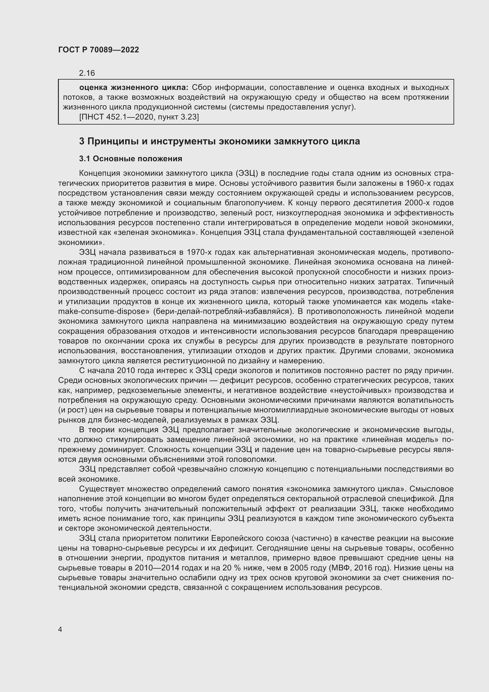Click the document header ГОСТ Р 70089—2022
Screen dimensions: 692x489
[x=98, y=50]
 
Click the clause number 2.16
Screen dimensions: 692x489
[x=87, y=73]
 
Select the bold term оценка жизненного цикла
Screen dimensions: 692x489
[x=133, y=88]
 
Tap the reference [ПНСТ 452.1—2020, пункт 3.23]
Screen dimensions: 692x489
[x=139, y=117]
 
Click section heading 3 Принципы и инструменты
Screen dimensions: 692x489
[x=219, y=141]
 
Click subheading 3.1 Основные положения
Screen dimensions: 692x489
[x=130, y=159]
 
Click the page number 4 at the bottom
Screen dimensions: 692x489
[x=60, y=629]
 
